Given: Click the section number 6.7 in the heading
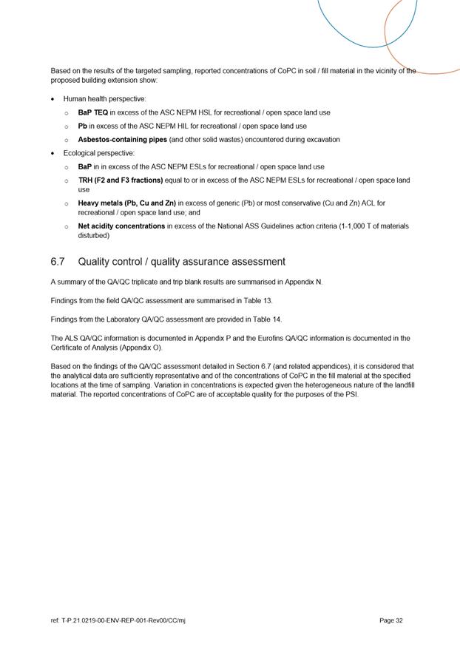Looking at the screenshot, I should point(58,262).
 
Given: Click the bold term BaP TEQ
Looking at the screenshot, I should point(93,112).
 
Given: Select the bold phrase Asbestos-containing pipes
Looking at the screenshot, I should point(122,139).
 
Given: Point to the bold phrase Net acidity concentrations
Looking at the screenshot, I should point(121,226).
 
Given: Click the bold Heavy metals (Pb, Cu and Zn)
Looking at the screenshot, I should point(126,203).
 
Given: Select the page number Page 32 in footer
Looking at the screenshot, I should point(390,620).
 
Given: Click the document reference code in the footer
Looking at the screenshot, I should point(118,620).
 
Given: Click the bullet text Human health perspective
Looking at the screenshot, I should point(104,98).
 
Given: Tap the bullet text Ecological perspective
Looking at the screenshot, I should point(99,153).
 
